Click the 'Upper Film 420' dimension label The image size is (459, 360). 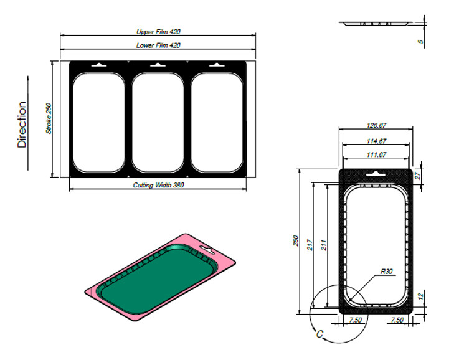point(158,32)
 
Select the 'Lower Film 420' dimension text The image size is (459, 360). point(158,45)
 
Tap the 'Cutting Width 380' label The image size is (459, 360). point(158,185)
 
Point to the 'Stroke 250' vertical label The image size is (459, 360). point(49,118)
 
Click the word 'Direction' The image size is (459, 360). point(22,125)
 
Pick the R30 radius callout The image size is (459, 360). point(386,272)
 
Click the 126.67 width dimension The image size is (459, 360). point(376,125)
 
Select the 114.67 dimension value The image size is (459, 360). point(376,141)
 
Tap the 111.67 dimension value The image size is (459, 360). point(376,154)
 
